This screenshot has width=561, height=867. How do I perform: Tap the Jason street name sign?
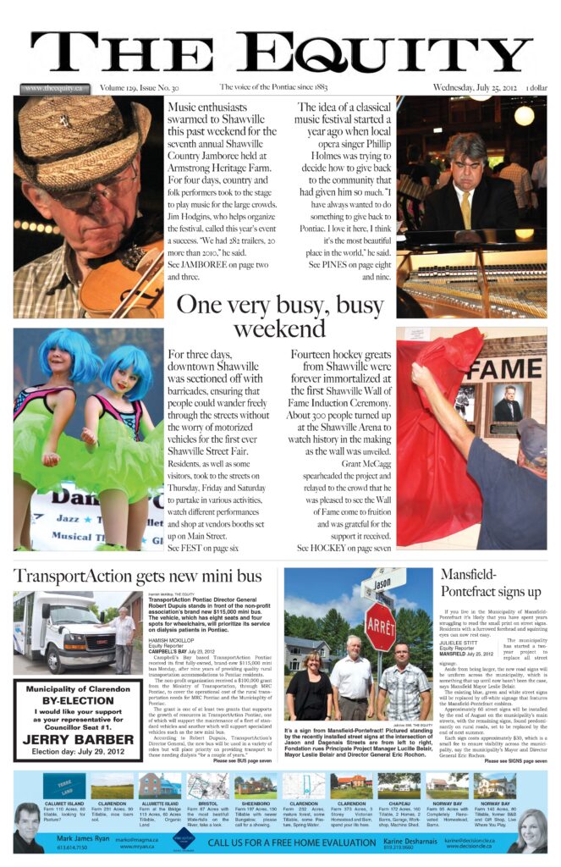[382, 582]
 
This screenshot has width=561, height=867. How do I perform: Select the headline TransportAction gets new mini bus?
[138, 577]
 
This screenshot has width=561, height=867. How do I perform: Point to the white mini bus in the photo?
[55, 630]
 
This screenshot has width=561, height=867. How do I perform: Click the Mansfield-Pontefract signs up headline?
[491, 583]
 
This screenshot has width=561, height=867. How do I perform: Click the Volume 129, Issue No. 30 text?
[139, 87]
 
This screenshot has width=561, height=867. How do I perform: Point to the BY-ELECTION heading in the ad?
[78, 702]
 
